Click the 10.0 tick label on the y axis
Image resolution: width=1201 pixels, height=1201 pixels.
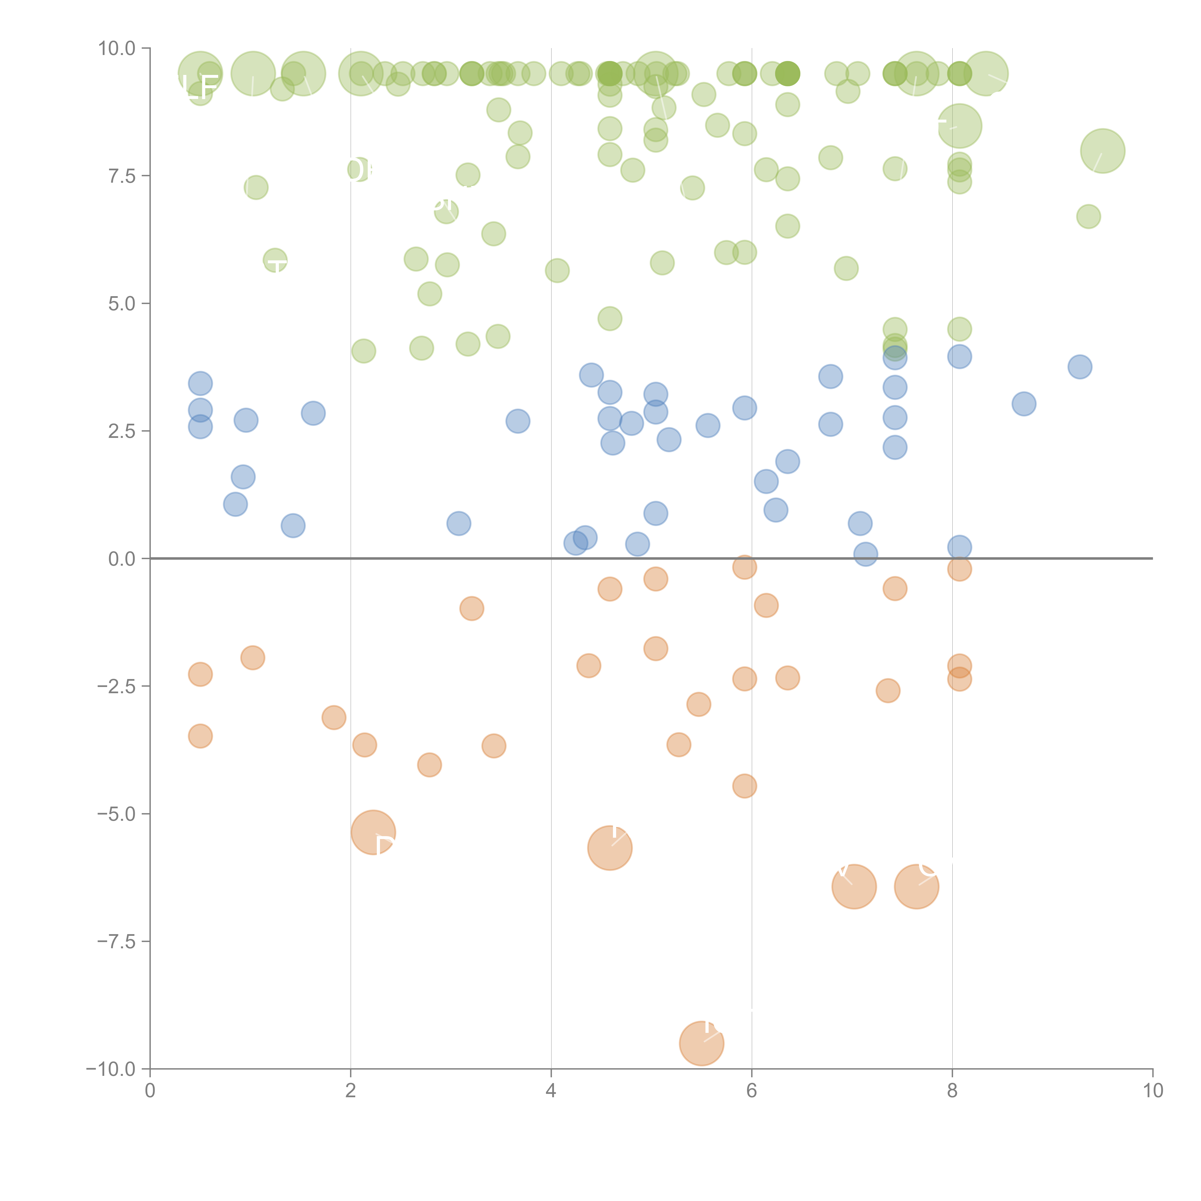click(x=117, y=49)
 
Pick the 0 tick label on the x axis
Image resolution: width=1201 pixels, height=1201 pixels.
click(x=150, y=1091)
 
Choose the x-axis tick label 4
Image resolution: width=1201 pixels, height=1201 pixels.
click(x=551, y=1091)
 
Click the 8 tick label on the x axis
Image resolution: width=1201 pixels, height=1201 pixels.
click(x=952, y=1091)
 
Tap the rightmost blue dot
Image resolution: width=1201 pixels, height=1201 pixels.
click(x=1080, y=367)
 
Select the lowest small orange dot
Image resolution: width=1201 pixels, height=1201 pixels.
click(x=744, y=786)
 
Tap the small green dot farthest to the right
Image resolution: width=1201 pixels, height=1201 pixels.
click(x=1088, y=216)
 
